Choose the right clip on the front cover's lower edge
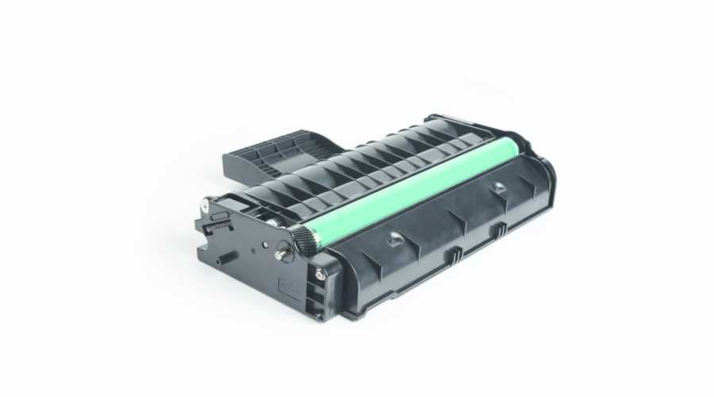click(x=501, y=231)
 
